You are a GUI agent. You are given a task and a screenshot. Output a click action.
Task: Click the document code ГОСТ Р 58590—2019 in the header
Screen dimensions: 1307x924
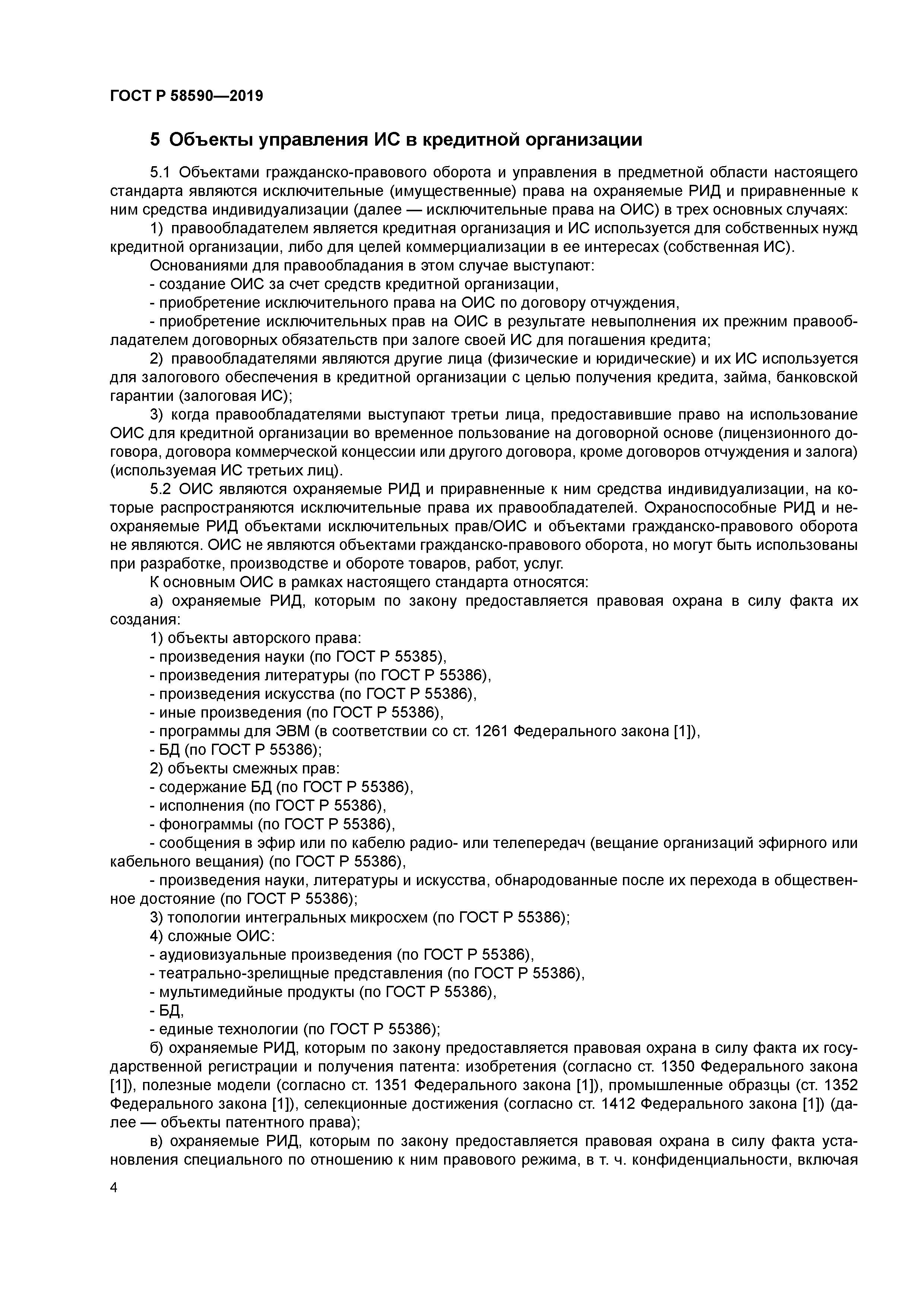click(186, 96)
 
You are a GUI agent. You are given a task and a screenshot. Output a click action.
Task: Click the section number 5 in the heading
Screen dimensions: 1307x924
click(155, 139)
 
